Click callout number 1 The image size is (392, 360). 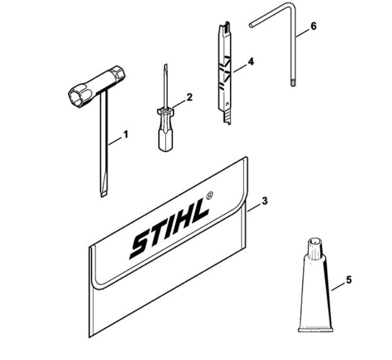click(126, 134)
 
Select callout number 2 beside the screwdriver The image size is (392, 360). click(190, 97)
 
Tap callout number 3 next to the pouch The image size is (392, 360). click(265, 201)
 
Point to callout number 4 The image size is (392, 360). click(251, 62)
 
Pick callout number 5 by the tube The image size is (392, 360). click(349, 280)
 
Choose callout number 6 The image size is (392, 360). click(313, 26)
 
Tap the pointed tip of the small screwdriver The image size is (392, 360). click(165, 65)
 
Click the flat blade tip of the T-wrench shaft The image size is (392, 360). click(104, 194)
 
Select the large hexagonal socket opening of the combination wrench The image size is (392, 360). click(78, 97)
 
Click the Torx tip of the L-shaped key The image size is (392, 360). click(293, 83)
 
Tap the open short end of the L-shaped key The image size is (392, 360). click(251, 25)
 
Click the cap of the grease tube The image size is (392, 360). click(315, 249)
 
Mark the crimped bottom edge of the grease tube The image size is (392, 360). click(316, 330)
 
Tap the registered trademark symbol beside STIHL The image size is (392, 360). click(210, 195)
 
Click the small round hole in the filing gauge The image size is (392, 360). click(227, 103)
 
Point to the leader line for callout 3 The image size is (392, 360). click(254, 208)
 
